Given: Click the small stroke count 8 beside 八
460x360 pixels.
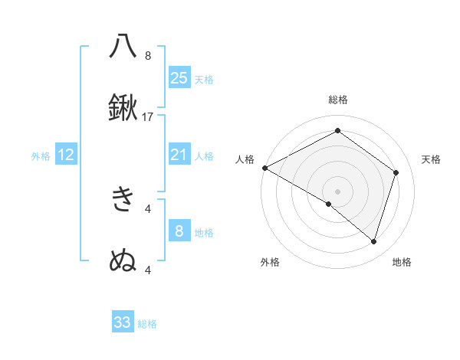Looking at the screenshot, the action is pyautogui.click(x=148, y=55).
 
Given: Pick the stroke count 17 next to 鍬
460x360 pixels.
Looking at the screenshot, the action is pyautogui.click(x=148, y=117).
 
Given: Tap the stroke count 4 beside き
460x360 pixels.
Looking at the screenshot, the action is pyautogui.click(x=148, y=208).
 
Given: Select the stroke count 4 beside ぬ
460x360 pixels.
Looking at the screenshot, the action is pyautogui.click(x=148, y=270).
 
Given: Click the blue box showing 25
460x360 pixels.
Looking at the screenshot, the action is pyautogui.click(x=179, y=78).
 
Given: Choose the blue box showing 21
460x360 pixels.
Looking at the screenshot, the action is pyautogui.click(x=179, y=155).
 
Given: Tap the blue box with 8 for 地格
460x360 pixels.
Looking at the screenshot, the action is pyautogui.click(x=179, y=231).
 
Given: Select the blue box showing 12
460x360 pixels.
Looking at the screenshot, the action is pyautogui.click(x=66, y=155).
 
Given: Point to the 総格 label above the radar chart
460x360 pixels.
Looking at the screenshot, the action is pyautogui.click(x=338, y=100).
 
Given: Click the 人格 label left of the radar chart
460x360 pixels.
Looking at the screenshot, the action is pyautogui.click(x=245, y=159).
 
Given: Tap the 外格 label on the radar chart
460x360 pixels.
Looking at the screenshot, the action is pyautogui.click(x=270, y=262).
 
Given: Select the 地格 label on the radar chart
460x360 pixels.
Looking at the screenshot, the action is pyautogui.click(x=402, y=262).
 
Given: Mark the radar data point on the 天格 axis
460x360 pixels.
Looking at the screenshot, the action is pyautogui.click(x=396, y=172).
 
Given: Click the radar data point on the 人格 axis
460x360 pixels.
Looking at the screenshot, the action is pyautogui.click(x=264, y=168).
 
